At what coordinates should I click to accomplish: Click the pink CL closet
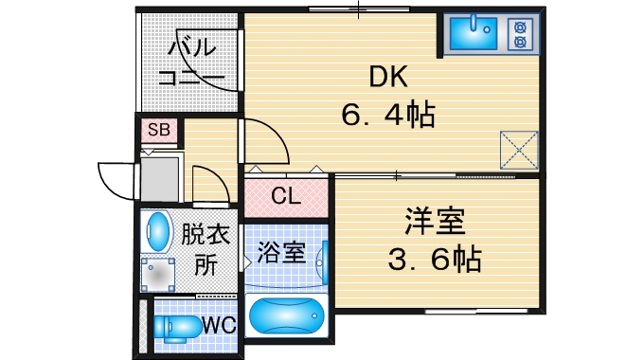(285, 197)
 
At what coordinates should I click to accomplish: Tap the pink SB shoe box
(158, 131)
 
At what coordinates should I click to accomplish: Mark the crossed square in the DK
(519, 148)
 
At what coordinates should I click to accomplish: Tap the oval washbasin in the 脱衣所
(157, 229)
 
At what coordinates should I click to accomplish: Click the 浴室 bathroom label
(280, 252)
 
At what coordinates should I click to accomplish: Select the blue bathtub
(285, 314)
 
